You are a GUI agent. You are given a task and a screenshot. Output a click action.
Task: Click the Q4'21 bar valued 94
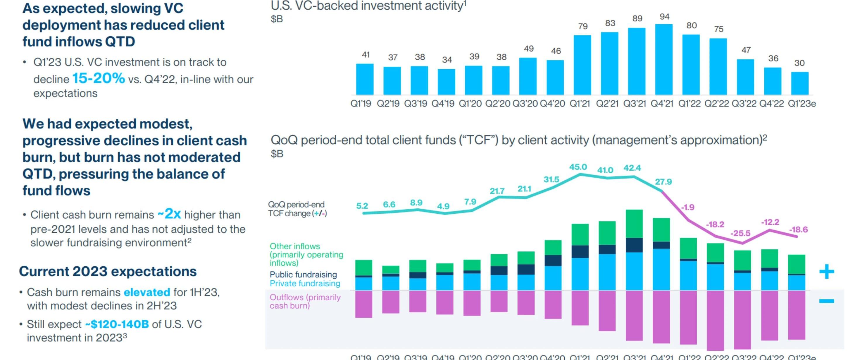pos(664,59)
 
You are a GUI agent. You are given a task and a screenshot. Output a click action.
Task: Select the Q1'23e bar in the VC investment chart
pos(800,83)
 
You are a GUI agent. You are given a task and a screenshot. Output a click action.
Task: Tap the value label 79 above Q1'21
pos(583,26)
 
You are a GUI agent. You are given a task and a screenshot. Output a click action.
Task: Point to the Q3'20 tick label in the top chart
pos(525,104)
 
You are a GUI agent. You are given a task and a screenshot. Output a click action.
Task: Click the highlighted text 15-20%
pos(99,78)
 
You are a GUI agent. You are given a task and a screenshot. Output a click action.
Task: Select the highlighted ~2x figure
pos(169,214)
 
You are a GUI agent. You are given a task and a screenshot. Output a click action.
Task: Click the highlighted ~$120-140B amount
pos(117,324)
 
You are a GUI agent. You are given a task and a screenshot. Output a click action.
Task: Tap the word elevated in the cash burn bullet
pos(147,292)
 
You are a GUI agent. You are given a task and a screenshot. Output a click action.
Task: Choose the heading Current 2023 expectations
pos(108,271)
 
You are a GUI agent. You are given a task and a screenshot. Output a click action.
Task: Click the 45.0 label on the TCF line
pos(578,167)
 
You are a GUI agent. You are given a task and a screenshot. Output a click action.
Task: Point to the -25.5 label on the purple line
pos(740,234)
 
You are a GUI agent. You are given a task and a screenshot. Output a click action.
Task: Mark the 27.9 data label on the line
pos(663,182)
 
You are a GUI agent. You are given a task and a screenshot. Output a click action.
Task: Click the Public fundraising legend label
pos(303,275)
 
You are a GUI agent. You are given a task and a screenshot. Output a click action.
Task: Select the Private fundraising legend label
pos(305,284)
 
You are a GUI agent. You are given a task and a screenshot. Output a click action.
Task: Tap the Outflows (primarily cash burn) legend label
pos(305,301)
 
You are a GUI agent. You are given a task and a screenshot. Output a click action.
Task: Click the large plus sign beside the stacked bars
pos(827,272)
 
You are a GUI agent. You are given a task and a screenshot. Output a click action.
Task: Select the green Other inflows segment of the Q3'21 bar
pos(634,224)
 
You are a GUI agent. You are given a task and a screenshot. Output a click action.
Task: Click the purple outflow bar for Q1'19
pos(364,304)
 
